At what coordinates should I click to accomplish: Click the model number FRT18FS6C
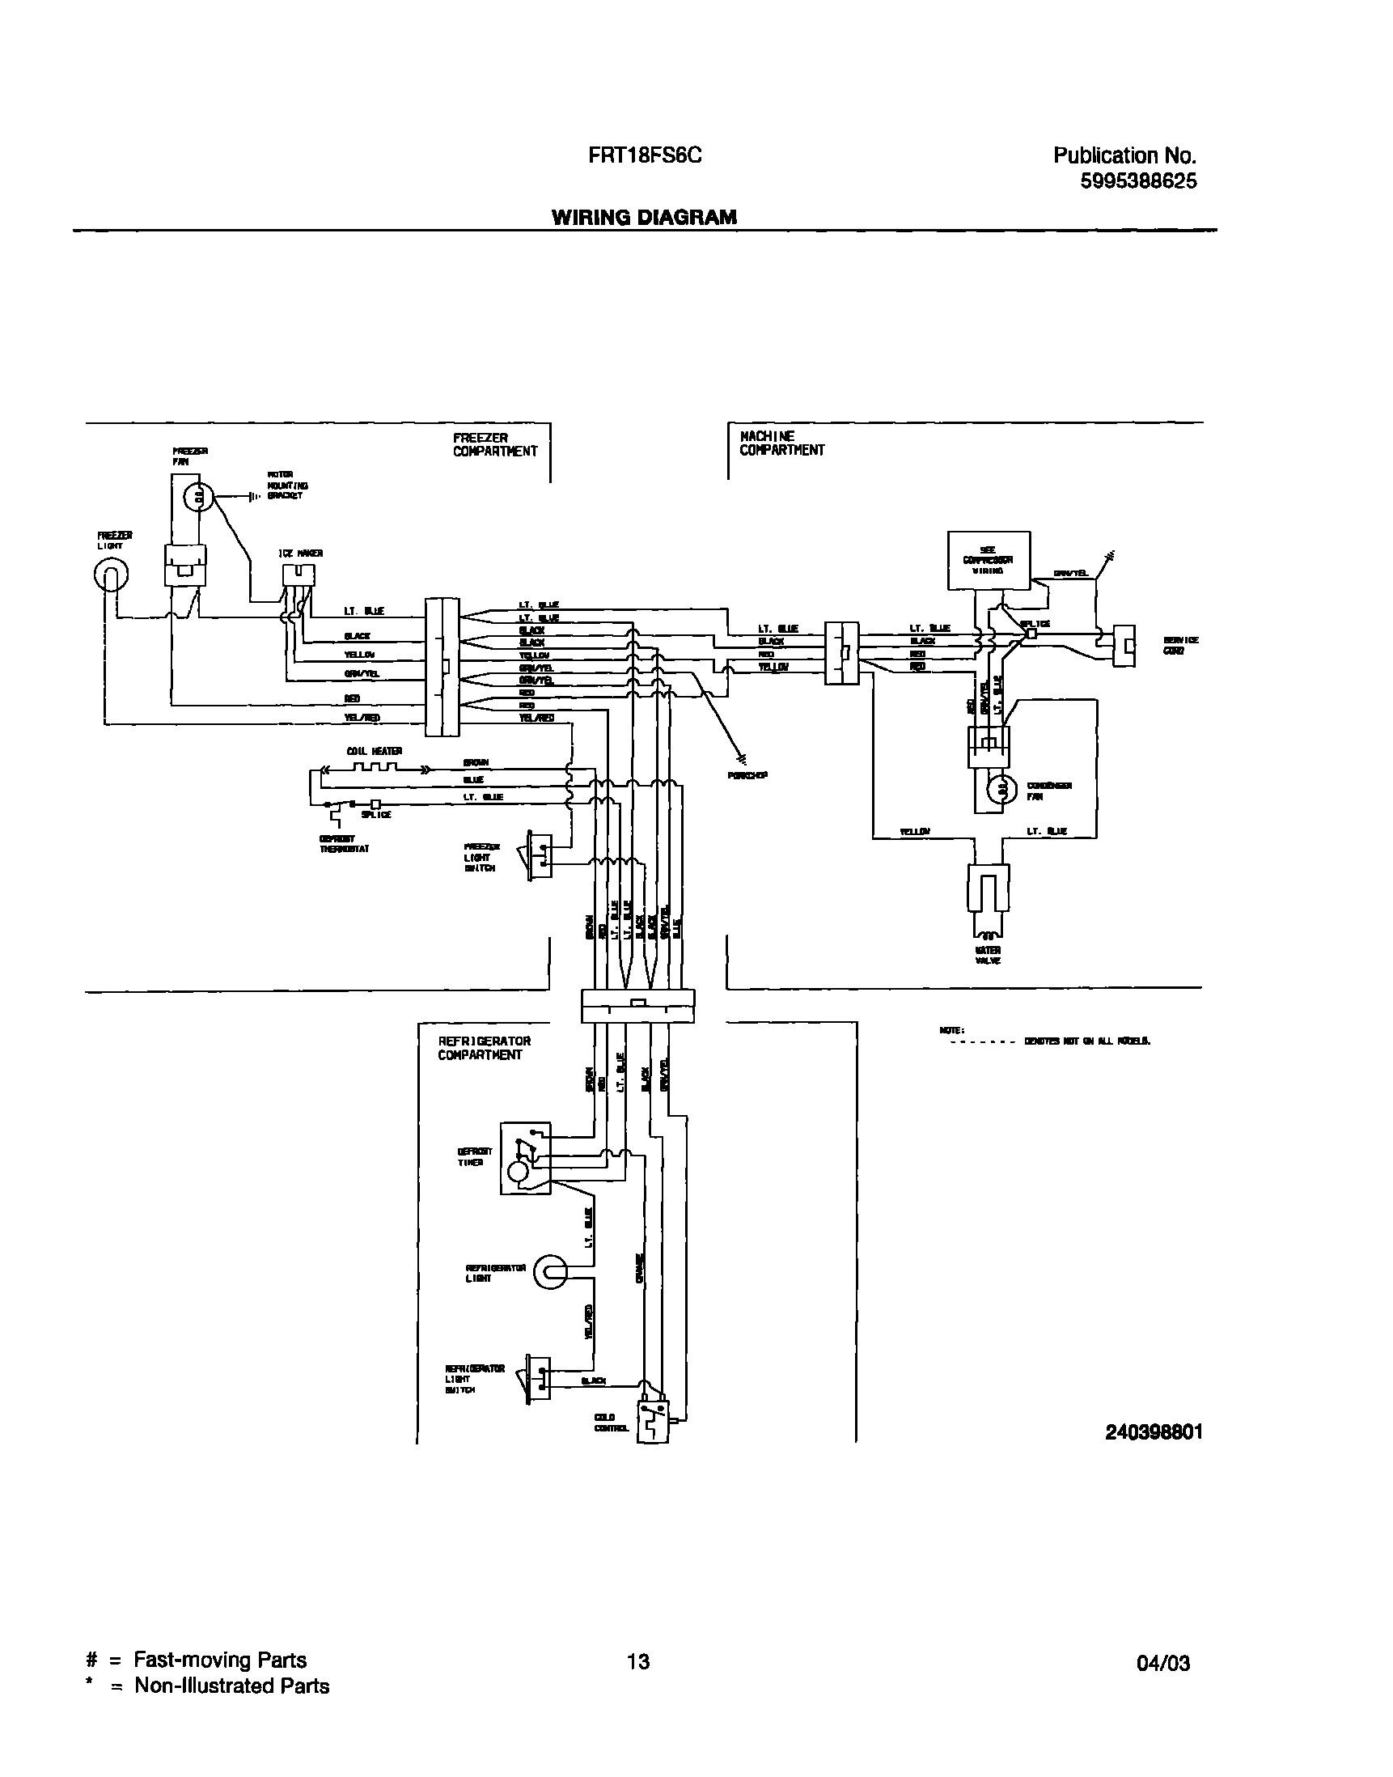coord(644,155)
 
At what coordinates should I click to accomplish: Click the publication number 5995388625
coord(1138,181)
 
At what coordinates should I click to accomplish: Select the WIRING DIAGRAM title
coord(644,217)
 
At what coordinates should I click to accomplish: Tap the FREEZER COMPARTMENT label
coord(495,445)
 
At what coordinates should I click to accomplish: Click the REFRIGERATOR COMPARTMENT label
coord(485,1048)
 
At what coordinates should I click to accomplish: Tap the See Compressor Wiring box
coord(989,560)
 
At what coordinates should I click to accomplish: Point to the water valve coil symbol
coord(988,932)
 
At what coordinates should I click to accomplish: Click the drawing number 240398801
coord(1154,1432)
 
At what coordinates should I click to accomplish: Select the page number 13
coord(637,1661)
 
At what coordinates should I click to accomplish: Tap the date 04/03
coord(1163,1663)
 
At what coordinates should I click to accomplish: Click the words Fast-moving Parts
coord(220,1660)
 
